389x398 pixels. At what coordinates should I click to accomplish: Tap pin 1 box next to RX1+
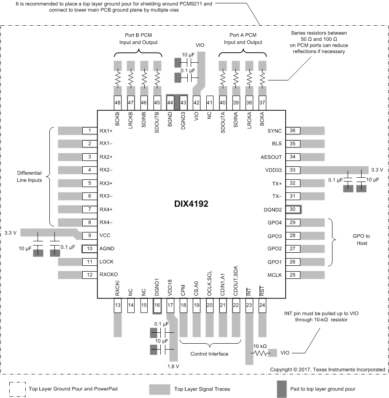coord(90,131)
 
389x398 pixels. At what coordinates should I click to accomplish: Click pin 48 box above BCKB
coord(118,102)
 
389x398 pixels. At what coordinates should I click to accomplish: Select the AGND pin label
coord(107,248)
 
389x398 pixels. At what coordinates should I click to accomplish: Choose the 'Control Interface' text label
coord(209,354)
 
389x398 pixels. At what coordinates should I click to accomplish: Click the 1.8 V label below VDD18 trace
coord(173,366)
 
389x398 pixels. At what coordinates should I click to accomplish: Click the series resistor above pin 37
coord(263,78)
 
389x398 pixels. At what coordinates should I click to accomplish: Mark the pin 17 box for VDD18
coord(170,305)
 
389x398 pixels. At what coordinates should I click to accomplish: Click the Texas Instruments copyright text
coord(327,369)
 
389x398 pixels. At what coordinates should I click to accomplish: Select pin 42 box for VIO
coord(196,102)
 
